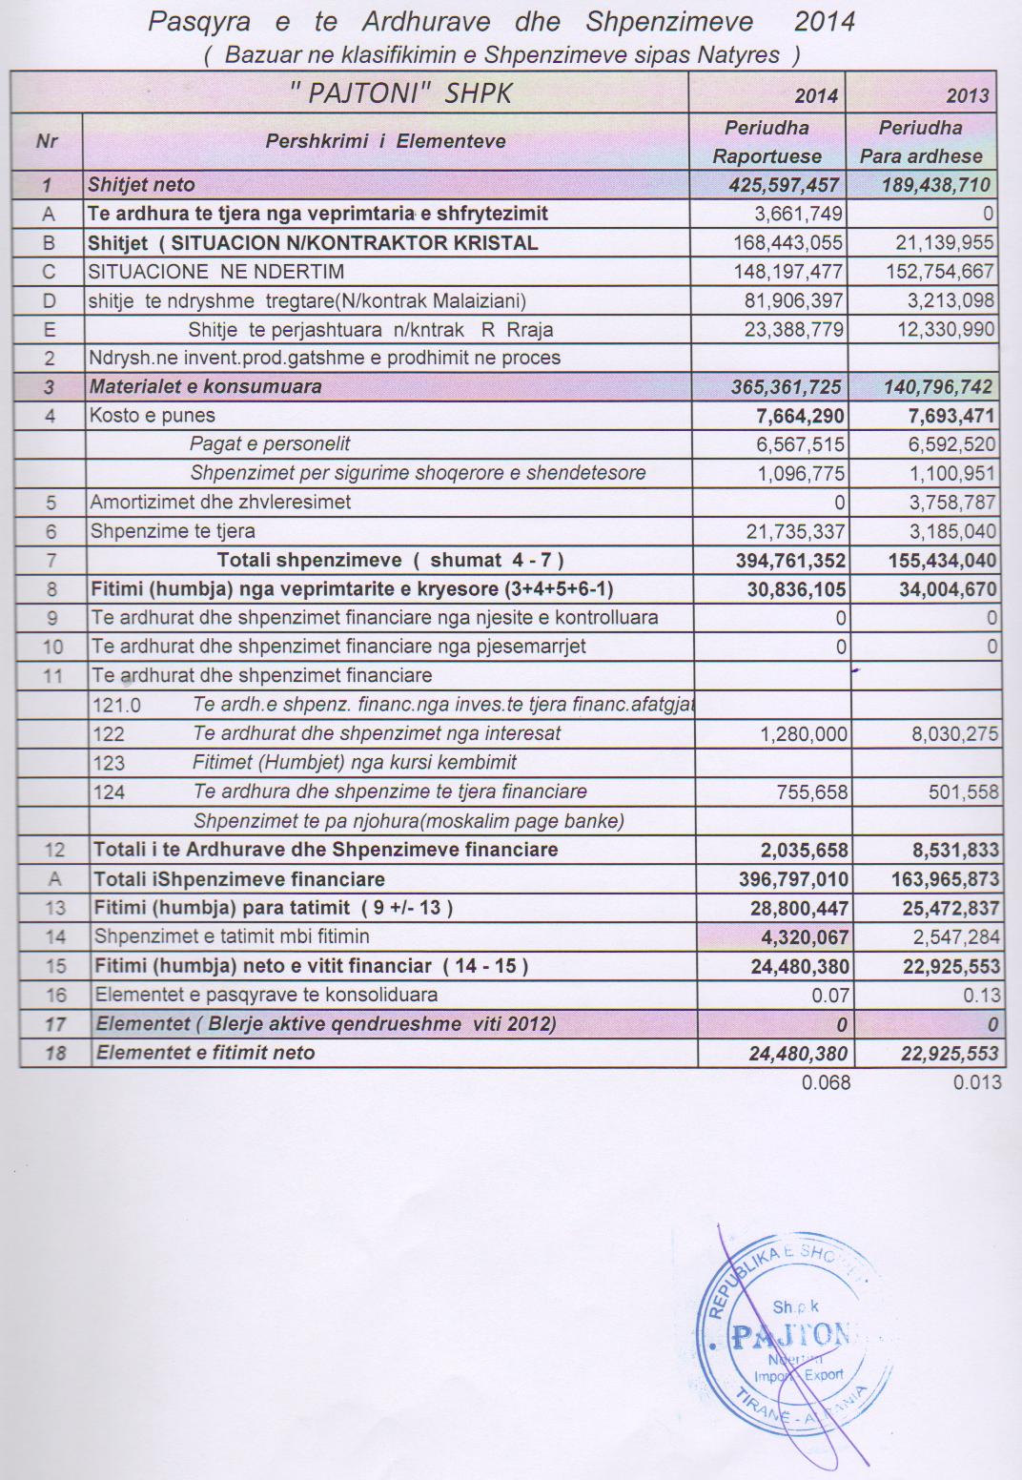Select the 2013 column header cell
pyautogui.click(x=967, y=95)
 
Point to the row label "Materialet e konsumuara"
pyautogui.click(x=205, y=387)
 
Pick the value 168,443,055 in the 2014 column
pyautogui.click(x=787, y=243)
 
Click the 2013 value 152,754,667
pyautogui.click(x=936, y=272)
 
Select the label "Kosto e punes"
pyautogui.click(x=153, y=416)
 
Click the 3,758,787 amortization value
pyautogui.click(x=950, y=503)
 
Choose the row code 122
pyautogui.click(x=109, y=734)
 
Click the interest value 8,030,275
pyautogui.click(x=950, y=734)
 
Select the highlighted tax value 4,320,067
pyautogui.click(x=800, y=937)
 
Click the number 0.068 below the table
pyautogui.click(x=826, y=1082)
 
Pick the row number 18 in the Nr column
pyautogui.click(x=55, y=1054)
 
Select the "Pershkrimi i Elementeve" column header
pyautogui.click(x=385, y=142)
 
